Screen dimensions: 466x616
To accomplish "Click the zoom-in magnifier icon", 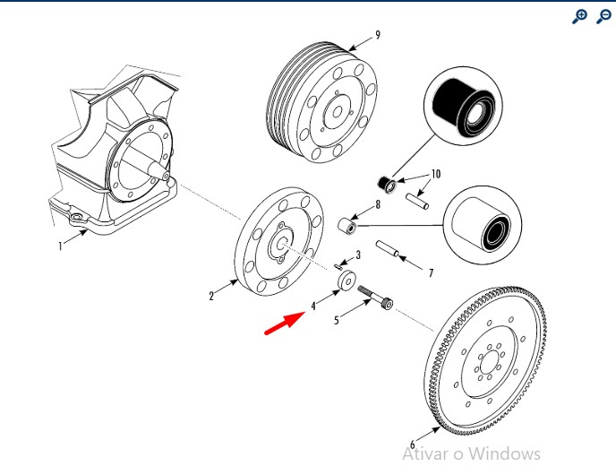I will click(x=580, y=16).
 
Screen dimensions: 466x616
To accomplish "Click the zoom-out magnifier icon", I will click(x=603, y=16).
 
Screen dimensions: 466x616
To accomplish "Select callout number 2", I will click(x=211, y=295).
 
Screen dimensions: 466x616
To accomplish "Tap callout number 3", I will click(x=358, y=255).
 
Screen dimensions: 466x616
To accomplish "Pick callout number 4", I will click(x=313, y=306).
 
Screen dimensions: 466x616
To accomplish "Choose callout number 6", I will click(x=413, y=444).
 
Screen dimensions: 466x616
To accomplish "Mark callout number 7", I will click(x=430, y=272).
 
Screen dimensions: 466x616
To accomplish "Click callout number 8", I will click(x=378, y=204).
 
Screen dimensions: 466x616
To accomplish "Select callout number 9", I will click(x=378, y=35).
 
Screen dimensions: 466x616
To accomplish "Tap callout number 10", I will click(x=436, y=174).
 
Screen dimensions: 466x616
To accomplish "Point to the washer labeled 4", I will click(x=345, y=282).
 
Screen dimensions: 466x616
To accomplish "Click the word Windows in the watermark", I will click(x=505, y=453).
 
